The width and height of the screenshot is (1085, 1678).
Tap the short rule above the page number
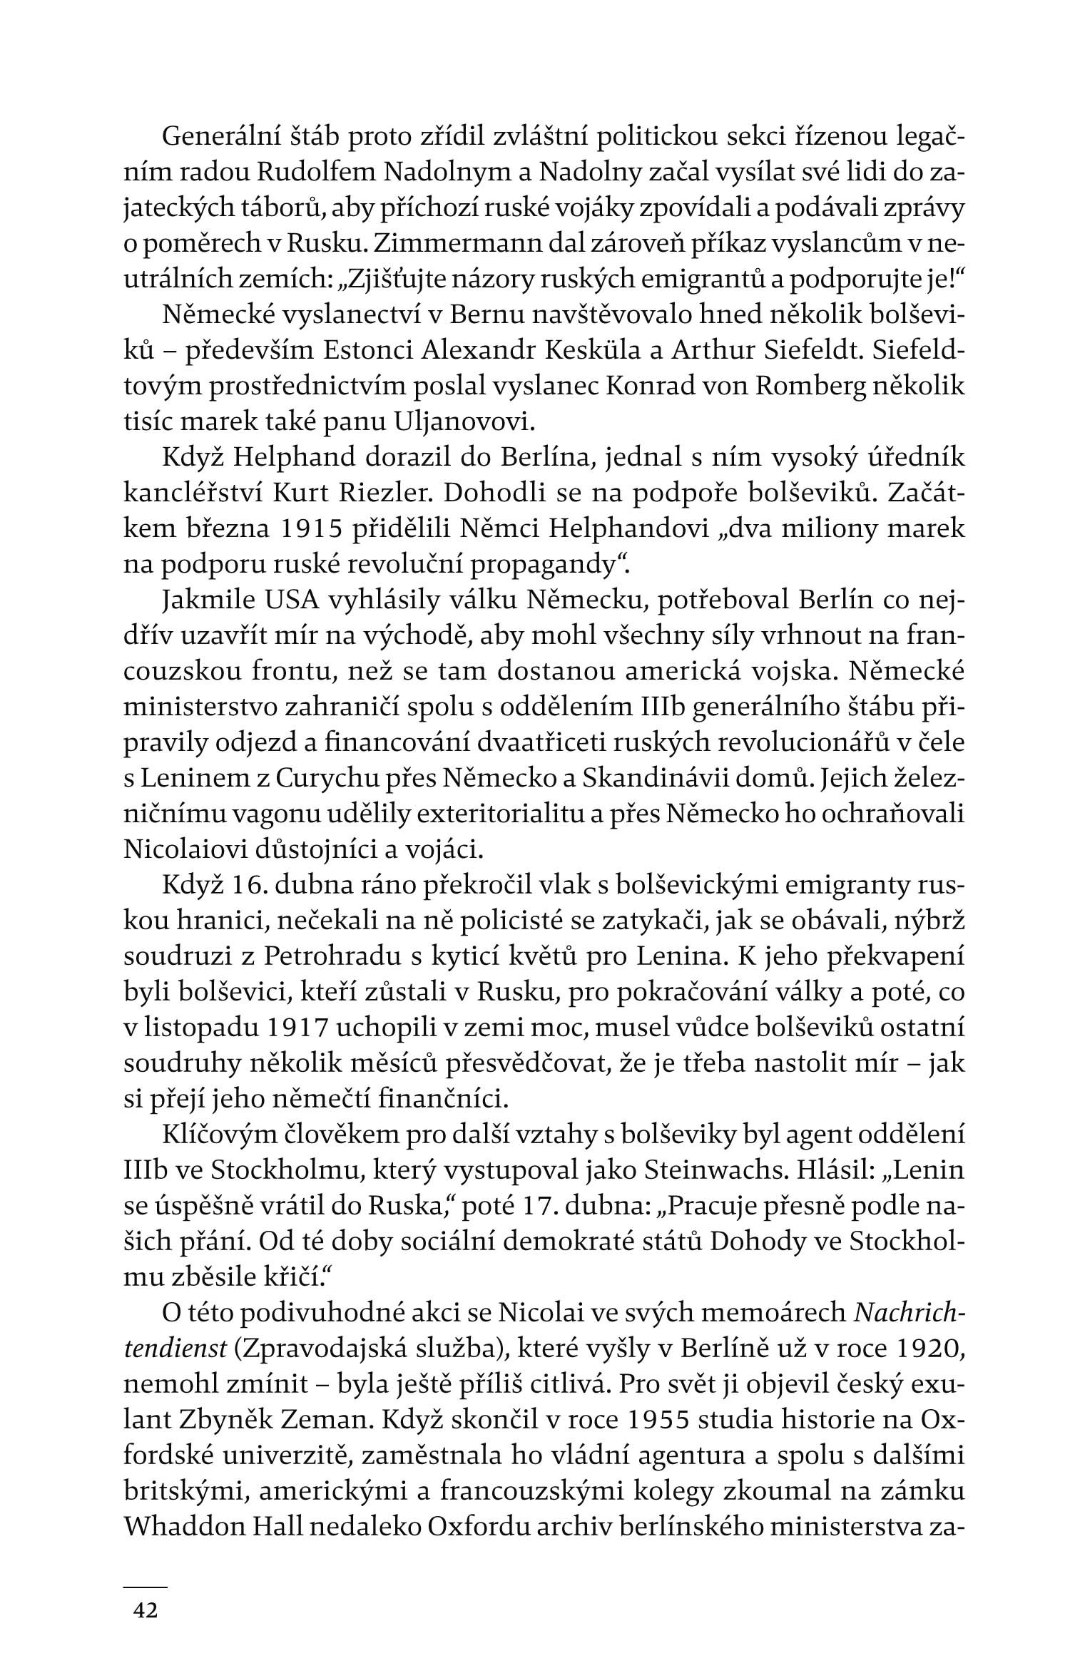(145, 1567)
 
